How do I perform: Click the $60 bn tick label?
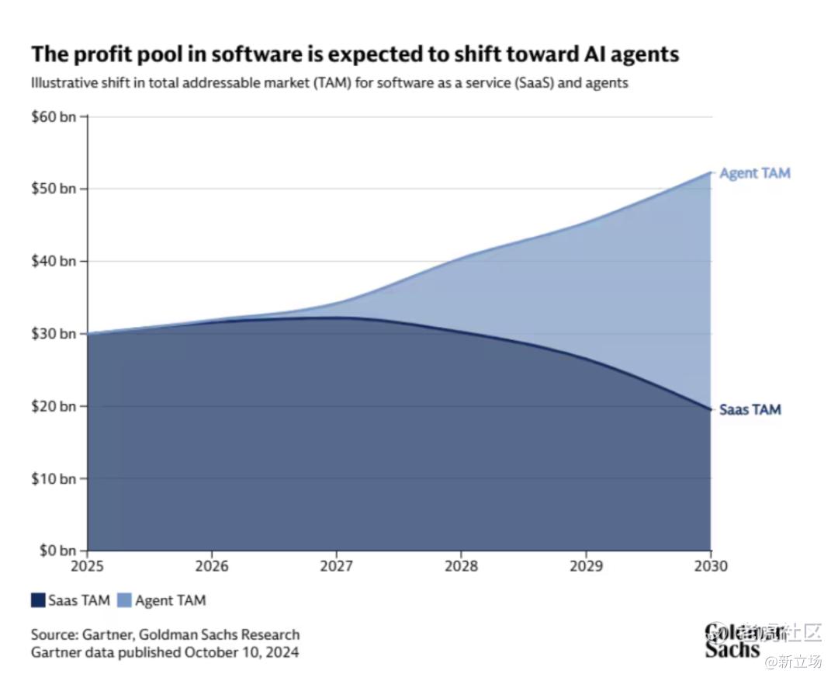(54, 116)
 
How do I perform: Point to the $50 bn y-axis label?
(54, 189)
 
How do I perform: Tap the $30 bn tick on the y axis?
(54, 334)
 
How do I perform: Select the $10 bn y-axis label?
(54, 478)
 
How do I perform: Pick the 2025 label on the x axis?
(87, 566)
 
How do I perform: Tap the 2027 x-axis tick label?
(336, 566)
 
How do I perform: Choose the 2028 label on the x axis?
(461, 566)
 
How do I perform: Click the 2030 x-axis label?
(710, 566)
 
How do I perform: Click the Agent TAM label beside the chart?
(754, 173)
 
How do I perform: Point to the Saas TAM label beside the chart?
(750, 409)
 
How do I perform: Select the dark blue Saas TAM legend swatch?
(38, 600)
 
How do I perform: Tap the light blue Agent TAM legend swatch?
(125, 600)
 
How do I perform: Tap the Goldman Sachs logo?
(733, 641)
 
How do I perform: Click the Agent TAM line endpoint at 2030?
(710, 172)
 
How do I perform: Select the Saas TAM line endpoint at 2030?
(710, 409)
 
